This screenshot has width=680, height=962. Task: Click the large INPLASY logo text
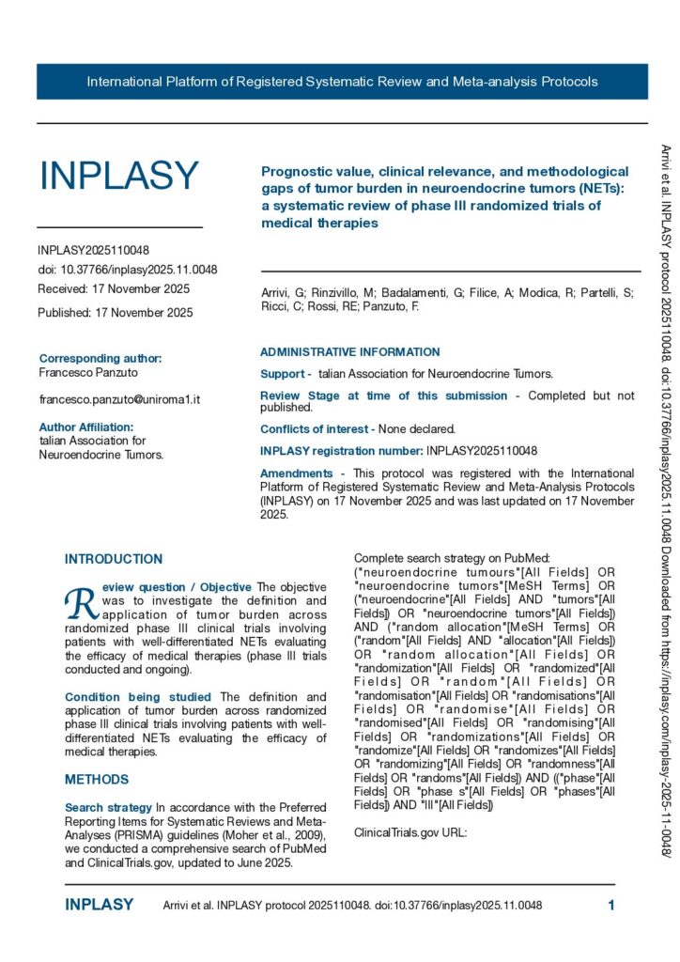point(118,176)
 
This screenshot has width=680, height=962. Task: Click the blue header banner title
point(342,82)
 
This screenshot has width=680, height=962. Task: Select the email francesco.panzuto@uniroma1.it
point(119,399)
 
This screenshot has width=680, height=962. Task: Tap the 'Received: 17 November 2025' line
point(114,288)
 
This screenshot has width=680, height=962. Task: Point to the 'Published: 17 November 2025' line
point(116,312)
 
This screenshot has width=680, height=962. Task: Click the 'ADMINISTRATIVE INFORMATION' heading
point(349,352)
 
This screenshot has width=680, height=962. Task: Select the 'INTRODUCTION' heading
point(114,559)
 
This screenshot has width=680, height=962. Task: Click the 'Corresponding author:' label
point(100,358)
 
